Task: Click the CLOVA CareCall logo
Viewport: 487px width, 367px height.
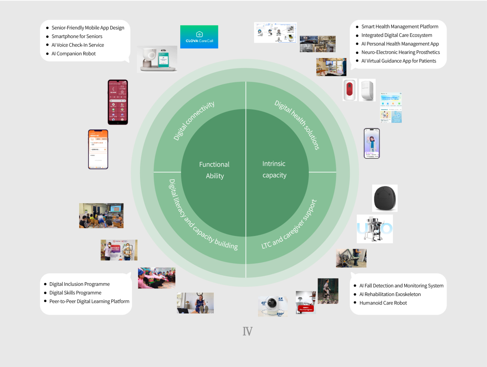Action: coord(199,37)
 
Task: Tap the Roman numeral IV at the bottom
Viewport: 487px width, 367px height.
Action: coord(248,331)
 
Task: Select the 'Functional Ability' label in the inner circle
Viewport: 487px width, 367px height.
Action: coord(214,170)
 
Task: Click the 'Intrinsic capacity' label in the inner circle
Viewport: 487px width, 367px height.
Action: coord(274,170)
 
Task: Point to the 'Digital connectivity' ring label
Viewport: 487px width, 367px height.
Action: coord(194,121)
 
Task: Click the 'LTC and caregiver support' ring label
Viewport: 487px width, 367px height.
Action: coord(289,223)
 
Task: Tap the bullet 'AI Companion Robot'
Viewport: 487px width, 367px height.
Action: coord(73,54)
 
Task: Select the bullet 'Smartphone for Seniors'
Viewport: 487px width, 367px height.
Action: coord(77,36)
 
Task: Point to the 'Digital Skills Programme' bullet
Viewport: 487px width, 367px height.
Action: coord(75,293)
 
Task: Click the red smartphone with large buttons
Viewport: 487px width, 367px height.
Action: coord(118,102)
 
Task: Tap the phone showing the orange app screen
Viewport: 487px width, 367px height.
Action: coord(98,149)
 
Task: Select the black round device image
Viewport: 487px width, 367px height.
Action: coord(385,198)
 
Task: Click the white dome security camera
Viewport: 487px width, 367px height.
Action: coord(273,306)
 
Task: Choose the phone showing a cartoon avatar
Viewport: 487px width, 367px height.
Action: coord(372,144)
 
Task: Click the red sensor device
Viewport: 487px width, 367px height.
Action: coord(349,90)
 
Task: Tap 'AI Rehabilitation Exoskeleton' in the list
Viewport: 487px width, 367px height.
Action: coord(390,294)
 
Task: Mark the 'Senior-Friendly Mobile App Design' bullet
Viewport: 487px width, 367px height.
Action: coord(88,28)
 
